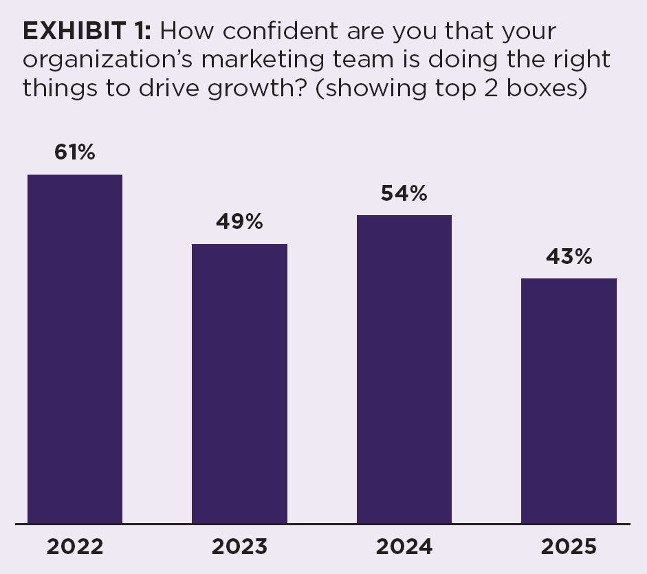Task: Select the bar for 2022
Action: click(x=75, y=349)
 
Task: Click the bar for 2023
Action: click(x=239, y=384)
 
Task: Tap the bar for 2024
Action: click(x=404, y=369)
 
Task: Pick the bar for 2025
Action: click(x=569, y=401)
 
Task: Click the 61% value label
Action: click(x=75, y=153)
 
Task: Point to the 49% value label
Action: click(x=239, y=222)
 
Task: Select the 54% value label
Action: click(x=404, y=194)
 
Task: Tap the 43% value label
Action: click(x=569, y=257)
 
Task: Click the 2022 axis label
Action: click(x=75, y=547)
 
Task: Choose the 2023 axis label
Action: click(x=239, y=547)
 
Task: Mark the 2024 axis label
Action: click(x=404, y=547)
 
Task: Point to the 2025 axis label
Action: click(x=569, y=547)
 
